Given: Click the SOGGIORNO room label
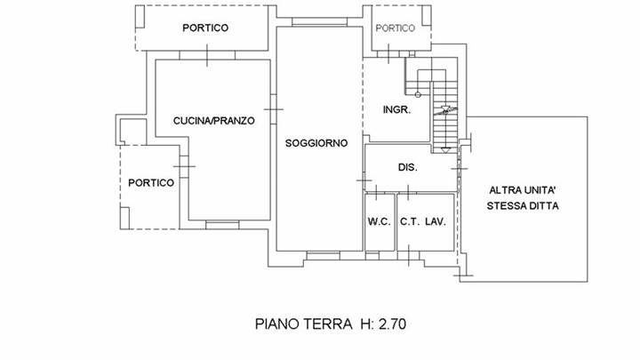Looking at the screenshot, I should [316, 143].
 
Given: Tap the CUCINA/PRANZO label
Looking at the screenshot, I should [214, 120].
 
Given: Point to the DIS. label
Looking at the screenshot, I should [408, 168].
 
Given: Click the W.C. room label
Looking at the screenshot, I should [379, 222].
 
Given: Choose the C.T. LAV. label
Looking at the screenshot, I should [422, 222].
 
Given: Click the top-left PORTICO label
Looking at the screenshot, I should [205, 28].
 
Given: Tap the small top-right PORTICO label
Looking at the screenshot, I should [395, 28].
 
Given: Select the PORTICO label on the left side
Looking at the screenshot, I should [150, 182].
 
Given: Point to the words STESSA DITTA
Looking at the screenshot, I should [523, 206].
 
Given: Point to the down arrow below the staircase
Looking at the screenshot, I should [444, 148].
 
